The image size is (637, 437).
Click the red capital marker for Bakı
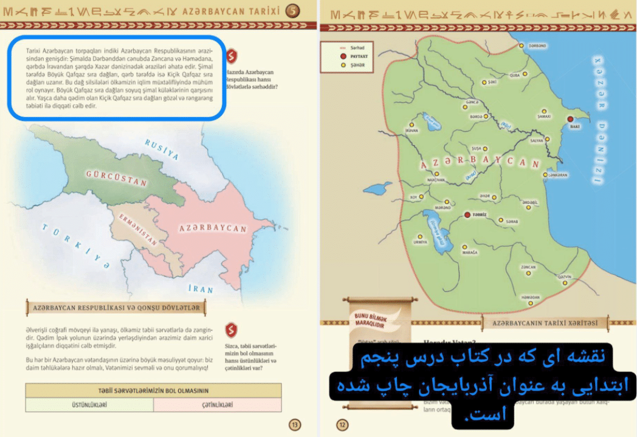pos(570,120)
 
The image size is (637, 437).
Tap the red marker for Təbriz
pos(467,214)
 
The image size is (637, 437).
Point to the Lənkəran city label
pos(557,175)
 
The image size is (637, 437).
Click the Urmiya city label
pos(420,242)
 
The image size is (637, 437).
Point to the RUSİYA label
pos(161,149)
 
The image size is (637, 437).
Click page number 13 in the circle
pos(295,425)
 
